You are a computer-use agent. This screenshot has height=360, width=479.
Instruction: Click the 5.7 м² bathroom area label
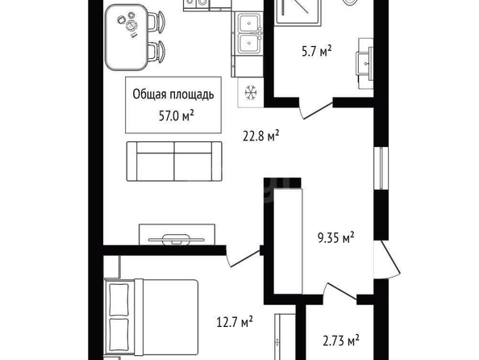(x=317, y=51)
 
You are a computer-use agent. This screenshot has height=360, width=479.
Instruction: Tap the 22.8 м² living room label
(x=261, y=136)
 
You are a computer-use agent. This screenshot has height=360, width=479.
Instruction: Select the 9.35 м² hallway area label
(x=336, y=237)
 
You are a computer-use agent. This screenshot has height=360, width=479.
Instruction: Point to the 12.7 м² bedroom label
(x=235, y=322)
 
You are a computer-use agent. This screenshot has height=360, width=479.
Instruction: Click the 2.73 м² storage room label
(x=341, y=340)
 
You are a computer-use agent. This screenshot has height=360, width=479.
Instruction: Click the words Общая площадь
(x=173, y=94)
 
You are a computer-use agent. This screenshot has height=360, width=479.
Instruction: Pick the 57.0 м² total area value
(x=177, y=116)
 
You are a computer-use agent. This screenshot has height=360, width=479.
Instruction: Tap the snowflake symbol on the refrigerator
(x=251, y=92)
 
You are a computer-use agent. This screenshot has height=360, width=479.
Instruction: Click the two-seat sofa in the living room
(x=174, y=161)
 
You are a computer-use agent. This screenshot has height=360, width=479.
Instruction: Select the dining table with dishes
(x=127, y=37)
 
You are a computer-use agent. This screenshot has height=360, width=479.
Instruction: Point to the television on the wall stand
(x=177, y=239)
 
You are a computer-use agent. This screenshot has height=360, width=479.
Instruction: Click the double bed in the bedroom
(x=152, y=317)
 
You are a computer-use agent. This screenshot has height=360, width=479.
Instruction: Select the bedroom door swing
(x=243, y=257)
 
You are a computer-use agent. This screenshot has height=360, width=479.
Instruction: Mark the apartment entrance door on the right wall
(x=386, y=260)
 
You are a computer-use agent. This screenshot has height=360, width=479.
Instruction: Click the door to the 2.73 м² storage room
(x=340, y=291)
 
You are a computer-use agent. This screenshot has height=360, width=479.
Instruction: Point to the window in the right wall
(x=381, y=168)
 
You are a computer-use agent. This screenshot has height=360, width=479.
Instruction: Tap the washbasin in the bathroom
(x=364, y=64)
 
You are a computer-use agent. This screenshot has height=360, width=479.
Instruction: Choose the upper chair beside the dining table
(x=157, y=22)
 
